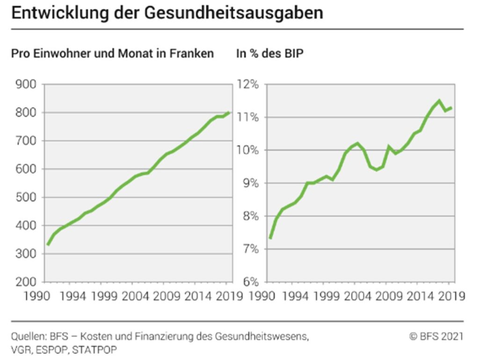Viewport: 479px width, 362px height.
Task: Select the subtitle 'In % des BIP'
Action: click(269, 54)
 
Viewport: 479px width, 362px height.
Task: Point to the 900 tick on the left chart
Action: click(27, 85)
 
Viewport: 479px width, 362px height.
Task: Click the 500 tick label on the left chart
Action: click(27, 197)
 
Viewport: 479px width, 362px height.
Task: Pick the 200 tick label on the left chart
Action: click(27, 282)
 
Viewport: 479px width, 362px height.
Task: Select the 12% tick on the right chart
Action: click(248, 85)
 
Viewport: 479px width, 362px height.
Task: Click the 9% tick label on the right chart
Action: click(251, 183)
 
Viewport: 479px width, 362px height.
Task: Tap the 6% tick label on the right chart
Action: click(251, 282)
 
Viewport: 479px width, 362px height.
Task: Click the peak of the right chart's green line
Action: click(439, 101)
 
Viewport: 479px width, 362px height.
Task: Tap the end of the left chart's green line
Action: click(228, 112)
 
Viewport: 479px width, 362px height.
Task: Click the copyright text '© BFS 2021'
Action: click(436, 336)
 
